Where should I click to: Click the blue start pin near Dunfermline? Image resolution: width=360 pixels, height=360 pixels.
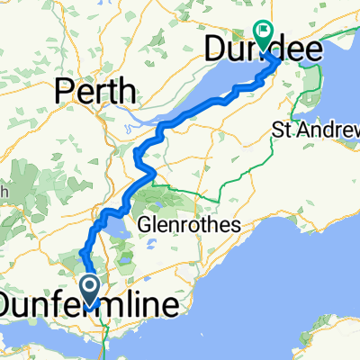tap(91, 290)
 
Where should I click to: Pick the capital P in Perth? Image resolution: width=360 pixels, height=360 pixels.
tap(66, 90)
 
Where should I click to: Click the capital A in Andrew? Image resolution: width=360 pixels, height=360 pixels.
tap(306, 131)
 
